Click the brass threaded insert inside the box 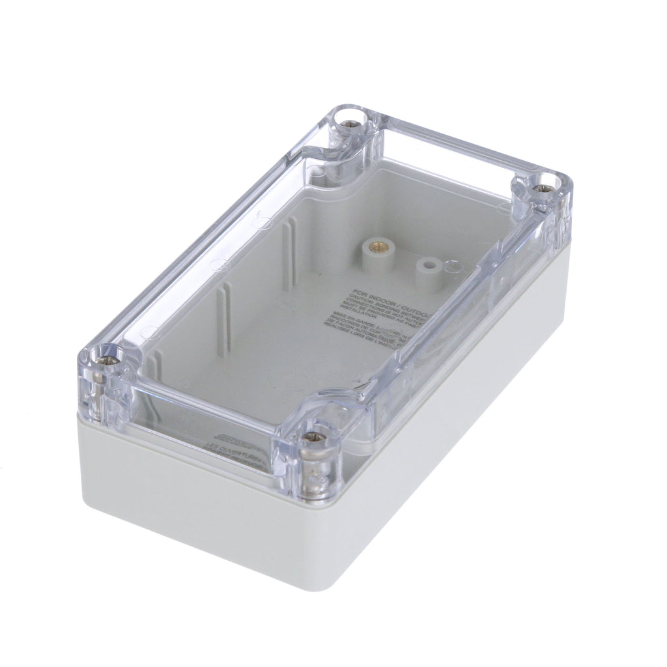(374, 246)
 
